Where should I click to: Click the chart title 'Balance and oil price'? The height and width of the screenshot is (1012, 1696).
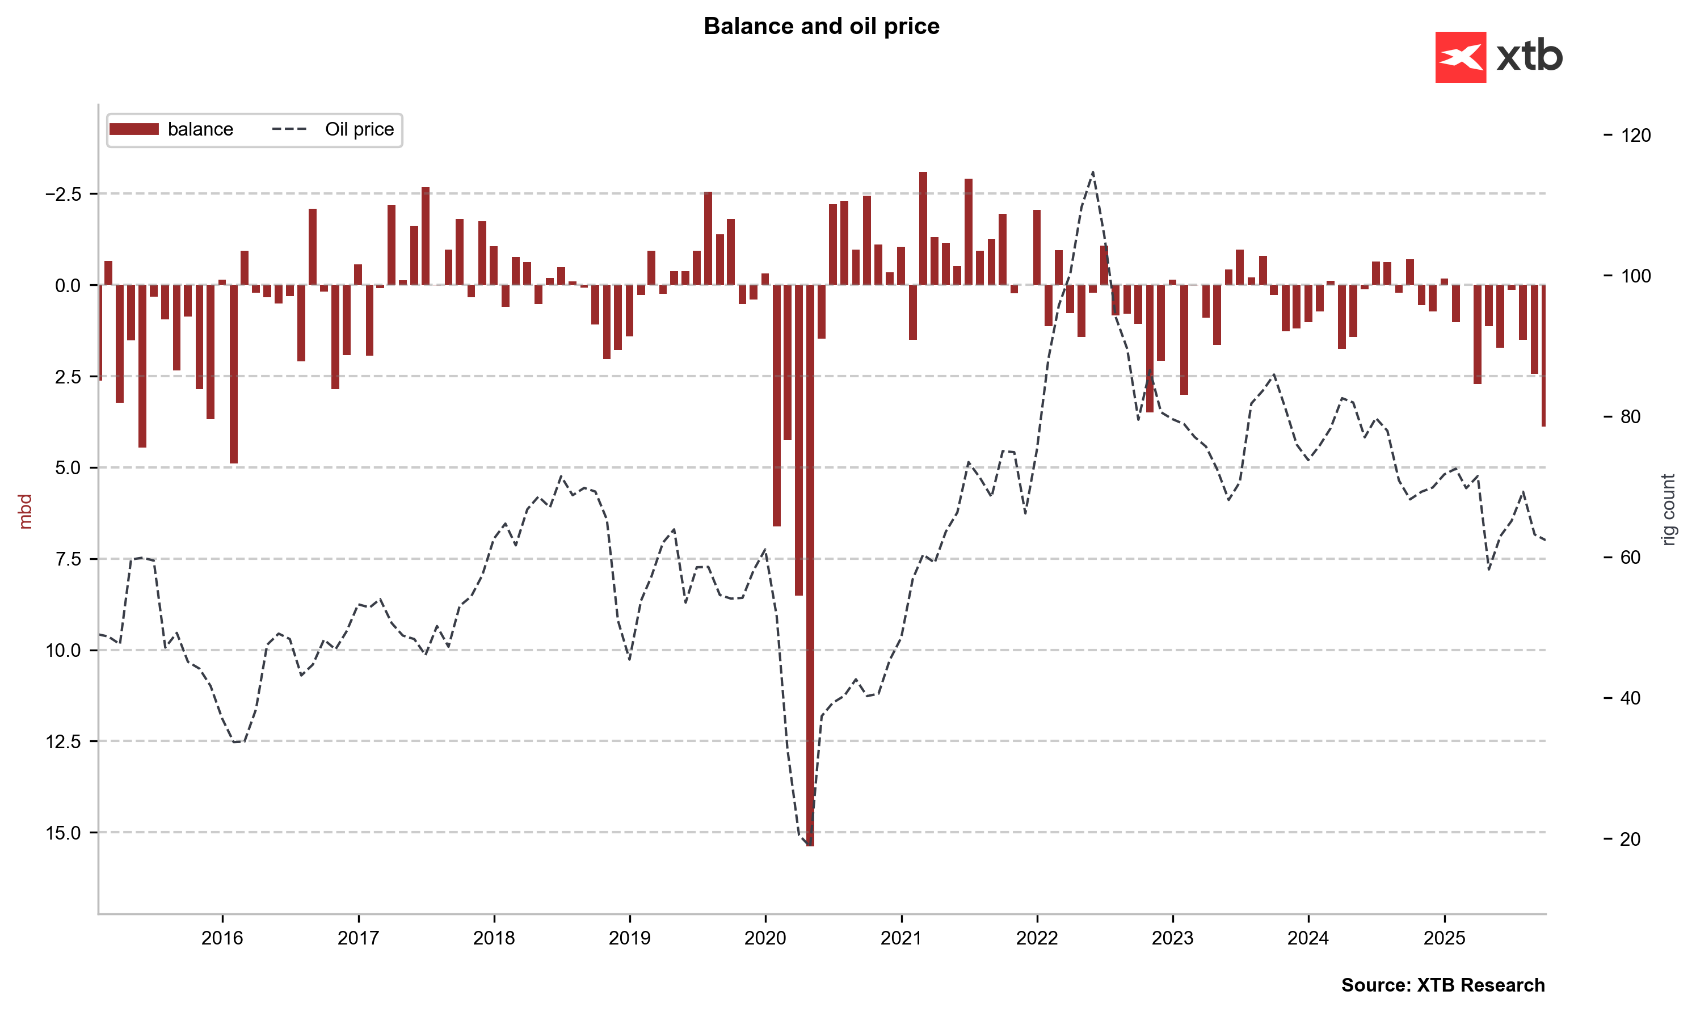pyautogui.click(x=821, y=26)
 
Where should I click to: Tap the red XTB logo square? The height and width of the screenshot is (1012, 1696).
pyautogui.click(x=1460, y=57)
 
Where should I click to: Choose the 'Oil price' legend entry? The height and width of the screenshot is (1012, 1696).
pyautogui.click(x=333, y=129)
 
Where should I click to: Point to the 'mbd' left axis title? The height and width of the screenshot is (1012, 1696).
pyautogui.click(x=25, y=512)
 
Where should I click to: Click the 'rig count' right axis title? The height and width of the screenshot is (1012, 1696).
pyautogui.click(x=1668, y=510)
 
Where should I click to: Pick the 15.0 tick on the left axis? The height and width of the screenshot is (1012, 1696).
pyautogui.click(x=63, y=833)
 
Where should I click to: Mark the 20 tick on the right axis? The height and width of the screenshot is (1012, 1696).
pyautogui.click(x=1630, y=840)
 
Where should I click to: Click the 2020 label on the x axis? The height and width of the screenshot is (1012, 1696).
pyautogui.click(x=765, y=938)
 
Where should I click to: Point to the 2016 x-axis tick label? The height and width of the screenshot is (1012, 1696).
pyautogui.click(x=222, y=938)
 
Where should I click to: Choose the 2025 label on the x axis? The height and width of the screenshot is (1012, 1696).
pyautogui.click(x=1444, y=938)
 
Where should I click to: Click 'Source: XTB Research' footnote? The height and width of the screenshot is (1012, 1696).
pyautogui.click(x=1442, y=985)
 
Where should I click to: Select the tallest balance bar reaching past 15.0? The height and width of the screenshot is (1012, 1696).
pyautogui.click(x=810, y=566)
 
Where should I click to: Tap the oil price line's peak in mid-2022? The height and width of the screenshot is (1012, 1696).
pyautogui.click(x=1093, y=172)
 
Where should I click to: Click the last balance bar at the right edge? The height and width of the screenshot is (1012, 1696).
pyautogui.click(x=1543, y=355)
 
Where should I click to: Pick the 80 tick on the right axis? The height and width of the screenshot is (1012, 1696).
pyautogui.click(x=1630, y=417)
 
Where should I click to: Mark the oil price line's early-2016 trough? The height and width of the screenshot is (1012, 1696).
pyautogui.click(x=236, y=742)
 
